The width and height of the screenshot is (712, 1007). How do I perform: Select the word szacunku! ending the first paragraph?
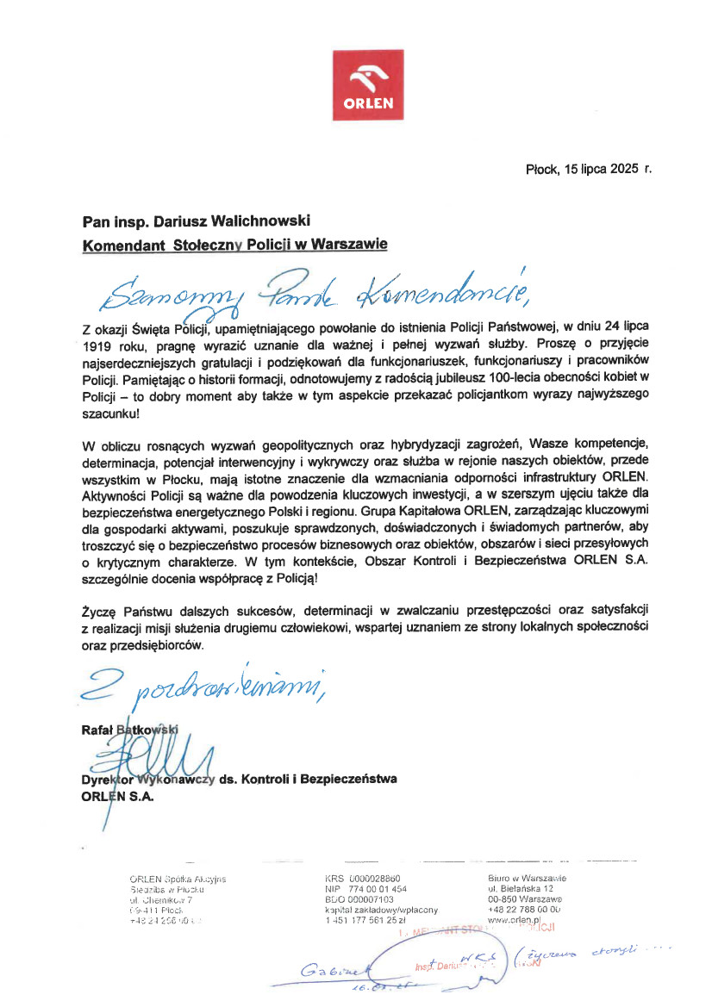coord(109,414)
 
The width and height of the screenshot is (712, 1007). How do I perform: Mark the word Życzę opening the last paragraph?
coord(100,610)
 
